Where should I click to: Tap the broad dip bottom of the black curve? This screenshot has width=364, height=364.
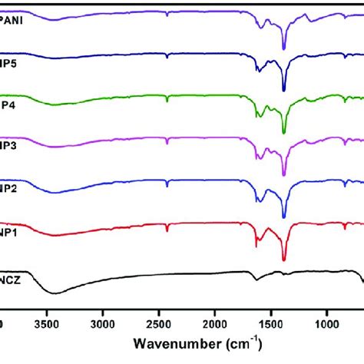54,293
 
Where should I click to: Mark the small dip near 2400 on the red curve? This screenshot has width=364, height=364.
167,230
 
